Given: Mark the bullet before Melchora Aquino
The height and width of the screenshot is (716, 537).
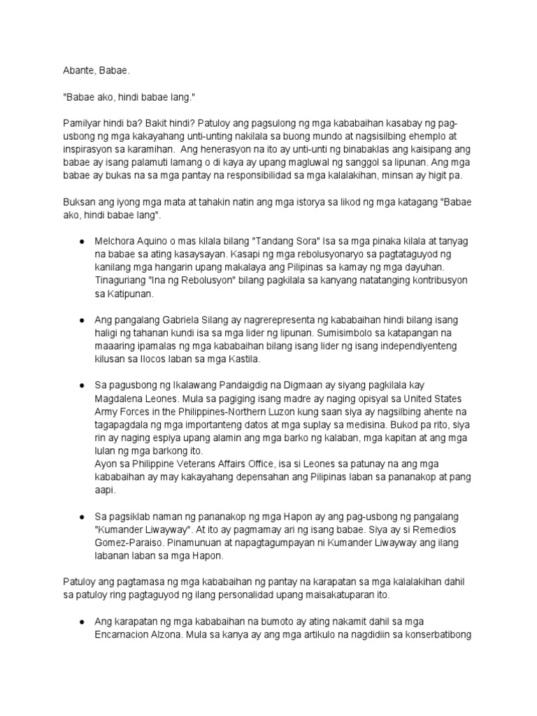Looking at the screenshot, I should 83,241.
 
